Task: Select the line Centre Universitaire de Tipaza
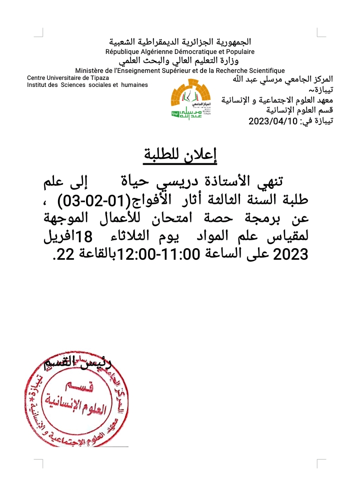tap(65, 78)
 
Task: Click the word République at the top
tap(124, 51)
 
